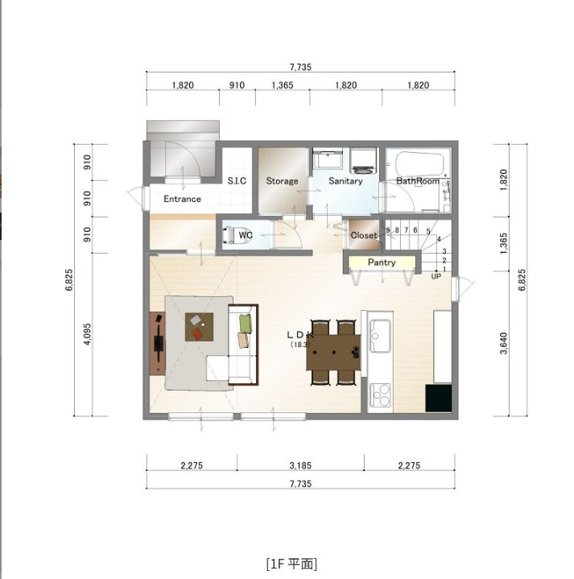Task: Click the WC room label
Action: click(x=246, y=235)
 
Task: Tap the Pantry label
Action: click(x=382, y=263)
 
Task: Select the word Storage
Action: click(x=282, y=181)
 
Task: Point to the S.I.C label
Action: click(x=237, y=180)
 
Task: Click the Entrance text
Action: click(x=183, y=199)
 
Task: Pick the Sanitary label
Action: click(x=345, y=181)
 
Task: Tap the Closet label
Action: click(x=364, y=235)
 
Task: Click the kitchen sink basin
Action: click(x=381, y=336)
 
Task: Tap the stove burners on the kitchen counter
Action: click(x=380, y=395)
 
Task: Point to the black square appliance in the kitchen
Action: click(x=439, y=398)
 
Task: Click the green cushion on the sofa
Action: click(x=245, y=323)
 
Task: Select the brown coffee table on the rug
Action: click(x=200, y=327)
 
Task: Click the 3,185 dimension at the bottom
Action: click(x=300, y=465)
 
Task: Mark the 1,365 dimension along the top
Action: click(x=283, y=85)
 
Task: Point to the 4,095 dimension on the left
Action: click(x=88, y=334)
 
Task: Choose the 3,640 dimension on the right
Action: click(x=503, y=343)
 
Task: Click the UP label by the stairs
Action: click(x=436, y=276)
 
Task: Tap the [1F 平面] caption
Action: click(x=291, y=564)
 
